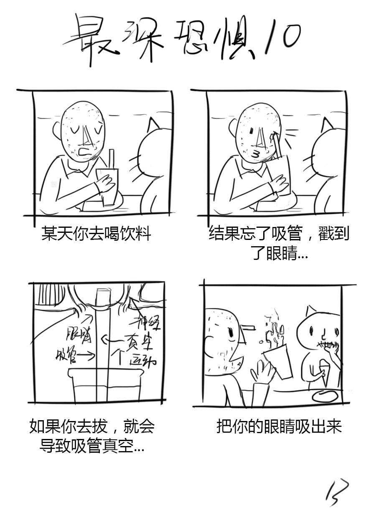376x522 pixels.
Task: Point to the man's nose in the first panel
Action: point(86,134)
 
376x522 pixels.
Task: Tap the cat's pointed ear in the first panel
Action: point(153,124)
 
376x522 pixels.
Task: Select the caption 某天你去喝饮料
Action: point(96,234)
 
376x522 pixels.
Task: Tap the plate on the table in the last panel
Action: point(324,395)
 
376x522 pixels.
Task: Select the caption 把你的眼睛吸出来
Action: point(279,427)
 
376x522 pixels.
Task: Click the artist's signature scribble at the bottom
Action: point(337,493)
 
